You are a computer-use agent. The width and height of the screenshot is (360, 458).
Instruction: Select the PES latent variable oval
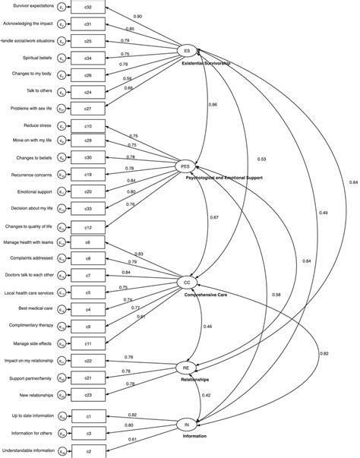point(185,166)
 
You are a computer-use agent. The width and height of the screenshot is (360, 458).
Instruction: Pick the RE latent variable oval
point(185,367)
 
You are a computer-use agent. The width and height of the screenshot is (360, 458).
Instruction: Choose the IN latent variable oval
point(186,425)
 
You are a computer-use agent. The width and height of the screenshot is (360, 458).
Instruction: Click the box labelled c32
point(88,6)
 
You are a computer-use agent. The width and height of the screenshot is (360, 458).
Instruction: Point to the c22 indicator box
point(88,360)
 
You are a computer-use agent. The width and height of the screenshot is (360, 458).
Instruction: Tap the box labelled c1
point(88,416)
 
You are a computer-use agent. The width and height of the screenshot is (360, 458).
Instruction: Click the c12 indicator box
point(88,226)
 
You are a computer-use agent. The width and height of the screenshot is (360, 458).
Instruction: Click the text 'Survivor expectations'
point(29,6)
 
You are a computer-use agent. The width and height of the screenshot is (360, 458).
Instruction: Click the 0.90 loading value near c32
point(137,16)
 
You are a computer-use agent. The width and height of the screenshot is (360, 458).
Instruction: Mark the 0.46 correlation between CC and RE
point(207,326)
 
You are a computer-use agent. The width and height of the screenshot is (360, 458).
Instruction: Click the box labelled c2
point(88,452)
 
